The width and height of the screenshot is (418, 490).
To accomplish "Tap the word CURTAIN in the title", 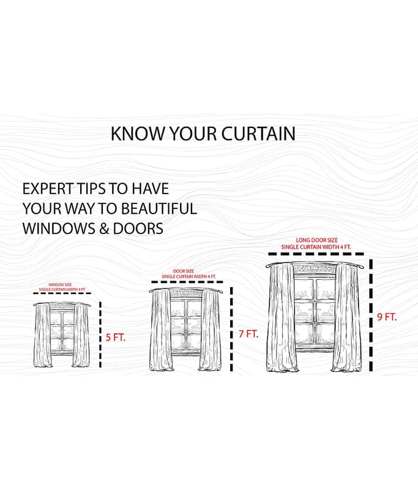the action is point(258,134).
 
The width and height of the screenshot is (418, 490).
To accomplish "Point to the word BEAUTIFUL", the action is point(159,208).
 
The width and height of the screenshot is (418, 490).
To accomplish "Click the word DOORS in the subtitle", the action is point(138,228).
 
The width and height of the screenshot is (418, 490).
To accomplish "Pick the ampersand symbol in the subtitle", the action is point(104,228).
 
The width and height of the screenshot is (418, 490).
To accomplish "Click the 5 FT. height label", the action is point(116,337).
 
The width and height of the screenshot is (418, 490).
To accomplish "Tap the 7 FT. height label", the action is point(248,334).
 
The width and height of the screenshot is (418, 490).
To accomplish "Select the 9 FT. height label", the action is point(387,317).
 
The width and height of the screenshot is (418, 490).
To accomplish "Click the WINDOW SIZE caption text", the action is point(60,285).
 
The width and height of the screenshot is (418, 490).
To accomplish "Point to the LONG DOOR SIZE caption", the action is point(317,240).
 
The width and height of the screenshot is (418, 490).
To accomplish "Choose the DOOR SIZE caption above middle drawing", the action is point(184,271).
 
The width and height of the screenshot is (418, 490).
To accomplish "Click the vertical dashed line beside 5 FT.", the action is point(100,334).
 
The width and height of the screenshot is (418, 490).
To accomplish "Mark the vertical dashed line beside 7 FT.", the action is point(231,330).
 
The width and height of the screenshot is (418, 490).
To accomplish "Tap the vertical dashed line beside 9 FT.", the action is point(371,315).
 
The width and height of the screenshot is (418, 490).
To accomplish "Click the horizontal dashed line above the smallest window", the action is point(62,293).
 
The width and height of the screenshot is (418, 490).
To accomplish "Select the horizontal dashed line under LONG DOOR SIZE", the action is point(316,254).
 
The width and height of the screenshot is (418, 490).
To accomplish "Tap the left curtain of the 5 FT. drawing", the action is point(42,335).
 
